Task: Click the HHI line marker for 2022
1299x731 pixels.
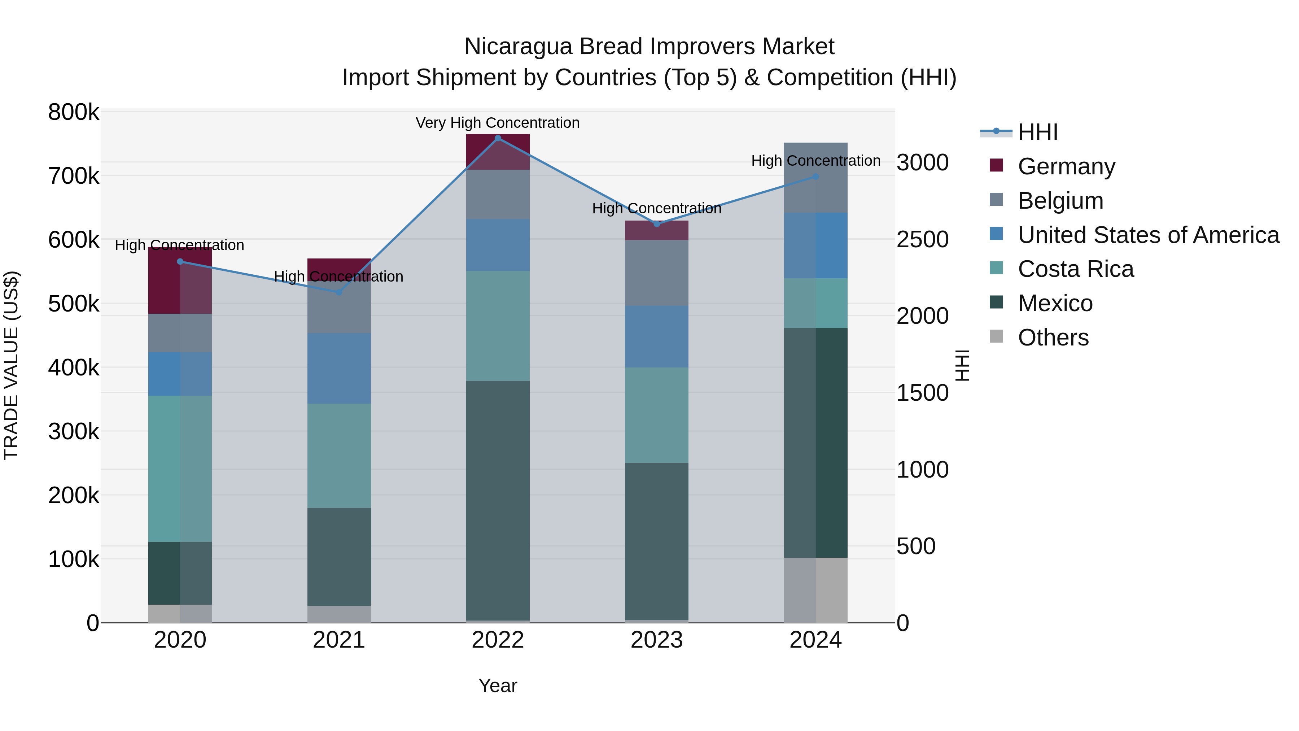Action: pyautogui.click(x=498, y=138)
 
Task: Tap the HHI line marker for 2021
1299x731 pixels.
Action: pyautogui.click(x=339, y=292)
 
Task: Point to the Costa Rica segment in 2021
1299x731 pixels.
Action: pyautogui.click(x=339, y=455)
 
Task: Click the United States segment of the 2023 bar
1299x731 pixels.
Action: pyautogui.click(x=657, y=336)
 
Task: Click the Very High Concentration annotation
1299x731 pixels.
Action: pyautogui.click(x=498, y=123)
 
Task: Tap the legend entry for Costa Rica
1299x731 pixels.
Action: pyautogui.click(x=1076, y=269)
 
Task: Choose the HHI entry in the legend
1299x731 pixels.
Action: pyautogui.click(x=1038, y=132)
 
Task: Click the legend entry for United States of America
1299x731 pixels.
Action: pyautogui.click(x=1148, y=235)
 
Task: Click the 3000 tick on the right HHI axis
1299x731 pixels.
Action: pyautogui.click(x=922, y=163)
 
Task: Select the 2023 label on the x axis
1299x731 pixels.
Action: pyautogui.click(x=657, y=640)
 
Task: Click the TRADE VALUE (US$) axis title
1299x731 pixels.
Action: pyautogui.click(x=11, y=365)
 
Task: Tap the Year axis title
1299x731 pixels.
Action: pyautogui.click(x=498, y=686)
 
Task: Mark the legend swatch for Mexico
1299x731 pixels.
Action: pyautogui.click(x=996, y=303)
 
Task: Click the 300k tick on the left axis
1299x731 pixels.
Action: pyautogui.click(x=74, y=432)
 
